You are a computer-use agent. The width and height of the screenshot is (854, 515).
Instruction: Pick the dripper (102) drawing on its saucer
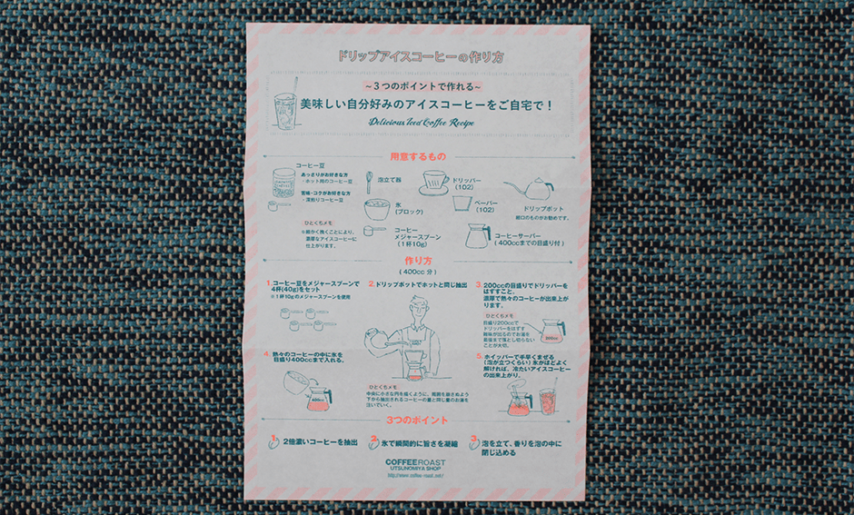point(439,183)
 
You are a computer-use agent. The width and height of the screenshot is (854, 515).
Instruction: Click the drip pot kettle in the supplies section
point(535,190)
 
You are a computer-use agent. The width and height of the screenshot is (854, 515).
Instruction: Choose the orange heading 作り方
point(417,261)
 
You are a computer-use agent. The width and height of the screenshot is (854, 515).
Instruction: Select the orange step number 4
point(270,354)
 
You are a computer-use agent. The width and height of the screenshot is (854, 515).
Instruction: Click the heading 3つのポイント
point(417,421)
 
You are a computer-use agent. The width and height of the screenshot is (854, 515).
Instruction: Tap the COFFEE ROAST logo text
point(415,463)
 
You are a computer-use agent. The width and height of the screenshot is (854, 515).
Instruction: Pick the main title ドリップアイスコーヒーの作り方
point(421,56)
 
